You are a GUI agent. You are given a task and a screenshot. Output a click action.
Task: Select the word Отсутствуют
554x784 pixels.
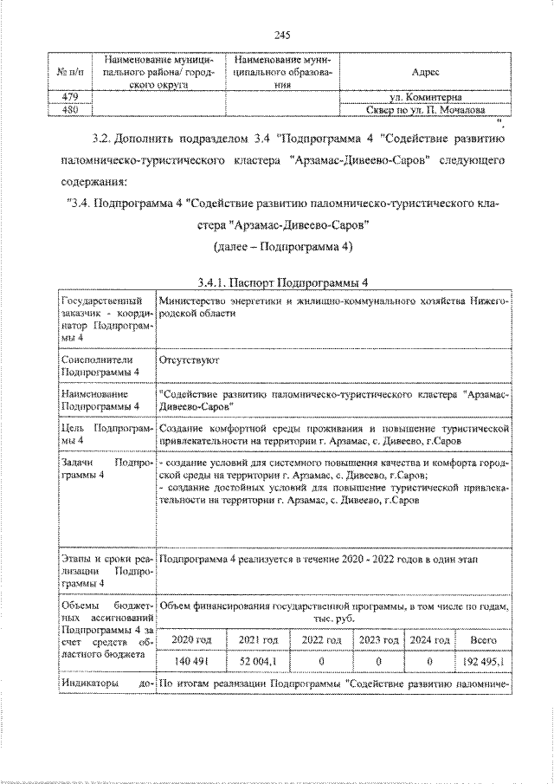point(190,357)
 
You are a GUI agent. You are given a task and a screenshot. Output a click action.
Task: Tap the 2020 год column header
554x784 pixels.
point(192,639)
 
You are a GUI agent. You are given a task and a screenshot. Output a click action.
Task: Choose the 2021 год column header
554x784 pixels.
point(257,639)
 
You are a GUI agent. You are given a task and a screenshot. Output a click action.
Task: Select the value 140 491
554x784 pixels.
point(192,661)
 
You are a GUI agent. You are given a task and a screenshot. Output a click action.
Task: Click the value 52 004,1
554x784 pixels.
point(257,661)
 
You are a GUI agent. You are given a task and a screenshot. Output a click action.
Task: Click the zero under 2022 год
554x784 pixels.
point(319,661)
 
